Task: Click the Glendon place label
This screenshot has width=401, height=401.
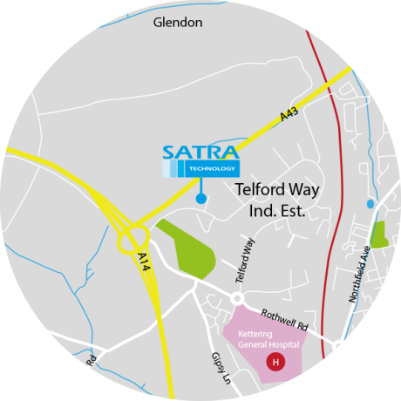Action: pyautogui.click(x=177, y=23)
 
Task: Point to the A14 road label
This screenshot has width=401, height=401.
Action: pyautogui.click(x=144, y=263)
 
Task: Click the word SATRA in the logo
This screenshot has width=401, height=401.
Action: pyautogui.click(x=200, y=154)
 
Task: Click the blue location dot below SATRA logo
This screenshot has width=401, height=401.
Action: pyautogui.click(x=201, y=200)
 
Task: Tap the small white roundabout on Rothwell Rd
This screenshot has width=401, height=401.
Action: pyautogui.click(x=236, y=298)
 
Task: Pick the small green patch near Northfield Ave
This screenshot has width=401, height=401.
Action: pyautogui.click(x=379, y=234)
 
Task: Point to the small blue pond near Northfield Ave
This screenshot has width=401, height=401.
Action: pyautogui.click(x=372, y=204)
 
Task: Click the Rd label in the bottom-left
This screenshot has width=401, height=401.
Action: pyautogui.click(x=90, y=358)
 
